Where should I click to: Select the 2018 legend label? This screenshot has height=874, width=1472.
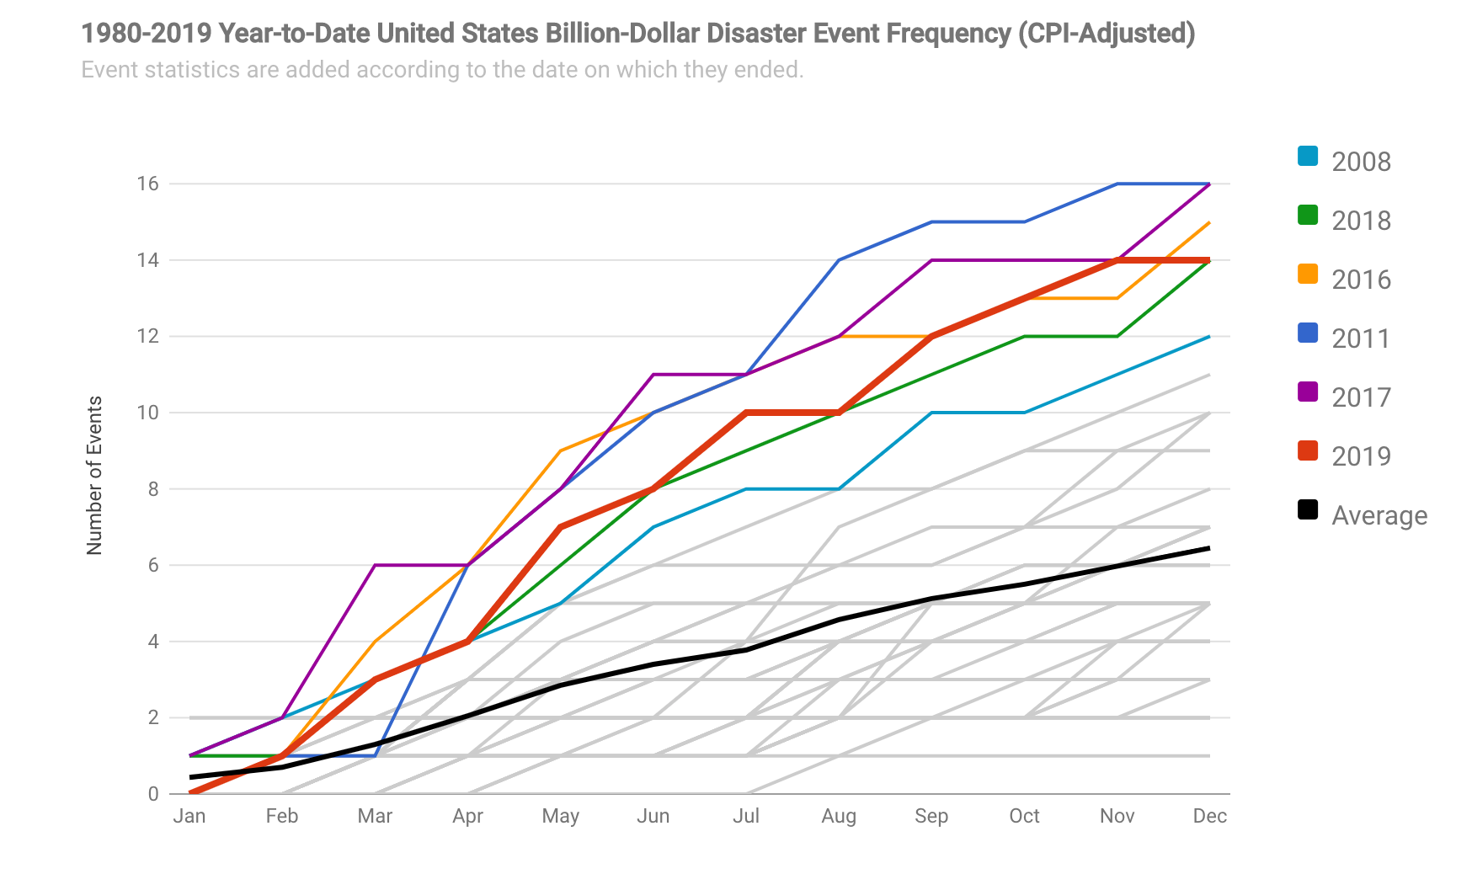1361,221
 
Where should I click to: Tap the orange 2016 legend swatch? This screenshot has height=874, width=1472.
1308,274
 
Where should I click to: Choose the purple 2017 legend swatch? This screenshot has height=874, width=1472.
1308,392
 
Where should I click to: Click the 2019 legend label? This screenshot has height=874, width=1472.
1361,456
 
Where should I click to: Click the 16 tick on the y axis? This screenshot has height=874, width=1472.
147,184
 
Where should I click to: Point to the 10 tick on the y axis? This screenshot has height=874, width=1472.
147,413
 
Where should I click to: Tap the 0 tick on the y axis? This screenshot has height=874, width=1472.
152,794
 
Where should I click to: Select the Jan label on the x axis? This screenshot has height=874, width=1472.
189,816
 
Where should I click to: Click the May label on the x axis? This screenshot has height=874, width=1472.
561,816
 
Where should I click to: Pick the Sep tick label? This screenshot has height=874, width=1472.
931,816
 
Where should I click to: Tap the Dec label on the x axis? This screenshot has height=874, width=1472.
1210,816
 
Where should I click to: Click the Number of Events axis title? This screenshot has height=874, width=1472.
94,476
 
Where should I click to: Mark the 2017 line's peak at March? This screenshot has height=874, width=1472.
375,565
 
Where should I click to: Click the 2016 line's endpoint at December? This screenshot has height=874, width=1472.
1210,222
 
